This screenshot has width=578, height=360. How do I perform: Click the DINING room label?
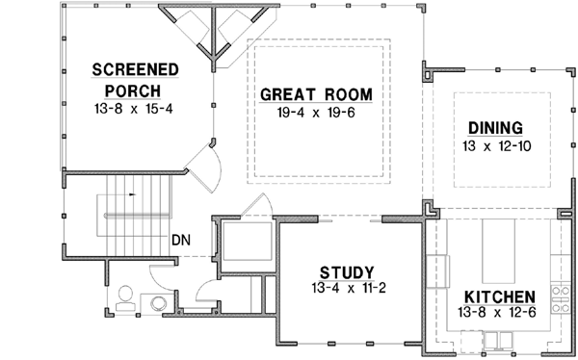click(495, 128)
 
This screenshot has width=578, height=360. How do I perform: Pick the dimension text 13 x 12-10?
click(494, 146)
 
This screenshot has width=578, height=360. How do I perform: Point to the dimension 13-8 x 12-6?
click(499, 313)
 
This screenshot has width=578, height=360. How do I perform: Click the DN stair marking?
click(181, 239)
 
